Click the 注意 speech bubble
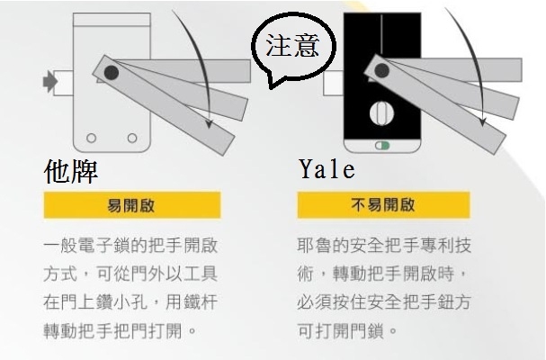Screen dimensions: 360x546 292,46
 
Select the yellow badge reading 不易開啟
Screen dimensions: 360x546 384,205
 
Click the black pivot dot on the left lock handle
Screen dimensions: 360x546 110,72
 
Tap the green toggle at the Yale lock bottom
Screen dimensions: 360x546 384,145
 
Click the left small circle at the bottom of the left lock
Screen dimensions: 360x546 90,138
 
